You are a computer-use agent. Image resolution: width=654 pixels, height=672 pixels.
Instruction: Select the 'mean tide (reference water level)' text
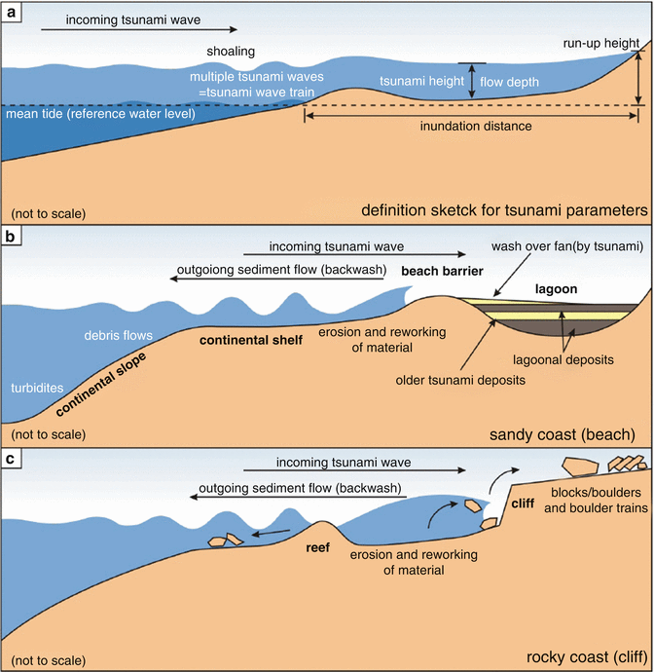coord(100,115)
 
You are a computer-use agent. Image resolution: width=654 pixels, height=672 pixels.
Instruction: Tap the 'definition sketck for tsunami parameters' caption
coord(503,209)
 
